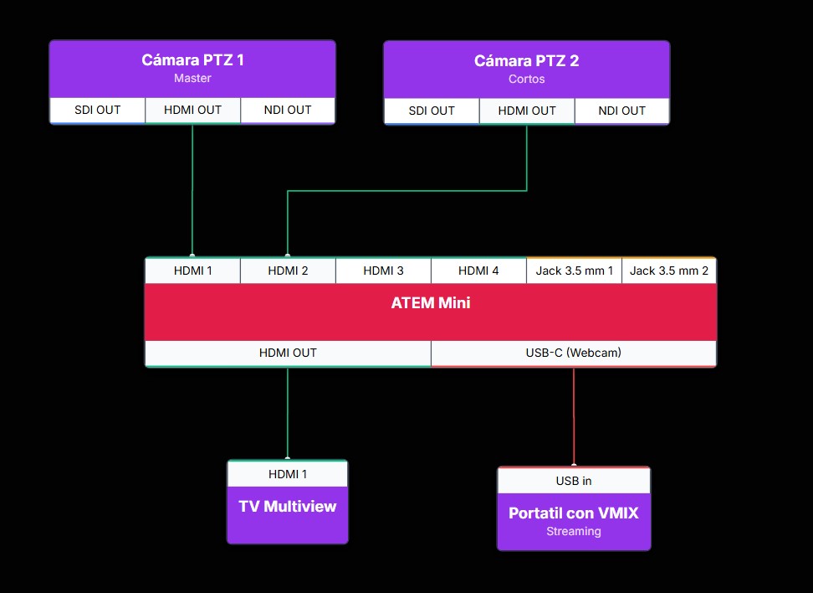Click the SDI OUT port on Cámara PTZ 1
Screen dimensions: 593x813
click(x=97, y=110)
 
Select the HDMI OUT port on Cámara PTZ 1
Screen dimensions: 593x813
click(x=192, y=110)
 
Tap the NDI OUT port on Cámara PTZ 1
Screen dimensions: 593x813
click(x=288, y=110)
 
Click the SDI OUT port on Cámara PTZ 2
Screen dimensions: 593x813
click(x=432, y=111)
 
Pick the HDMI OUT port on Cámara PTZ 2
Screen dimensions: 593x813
click(x=527, y=111)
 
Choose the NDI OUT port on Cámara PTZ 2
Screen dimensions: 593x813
click(x=622, y=111)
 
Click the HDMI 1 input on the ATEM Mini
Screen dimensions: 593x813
click(x=192, y=271)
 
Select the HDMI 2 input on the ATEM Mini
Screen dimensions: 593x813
click(x=288, y=271)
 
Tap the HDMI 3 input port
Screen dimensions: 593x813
click(x=383, y=271)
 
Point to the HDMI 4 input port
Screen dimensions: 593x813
click(x=478, y=271)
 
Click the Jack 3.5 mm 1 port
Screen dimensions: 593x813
click(x=574, y=271)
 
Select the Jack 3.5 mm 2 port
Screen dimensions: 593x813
click(x=669, y=271)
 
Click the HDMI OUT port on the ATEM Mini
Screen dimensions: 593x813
click(x=288, y=353)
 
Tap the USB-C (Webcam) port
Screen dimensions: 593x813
click(x=574, y=353)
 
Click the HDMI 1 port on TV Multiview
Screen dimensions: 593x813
click(x=288, y=474)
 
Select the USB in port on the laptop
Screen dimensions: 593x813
click(x=574, y=481)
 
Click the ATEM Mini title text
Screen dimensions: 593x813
click(x=431, y=303)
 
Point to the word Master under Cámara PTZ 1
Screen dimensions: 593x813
click(x=192, y=79)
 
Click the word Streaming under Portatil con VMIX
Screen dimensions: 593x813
click(x=574, y=531)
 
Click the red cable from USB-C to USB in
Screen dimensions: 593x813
click(x=574, y=415)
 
